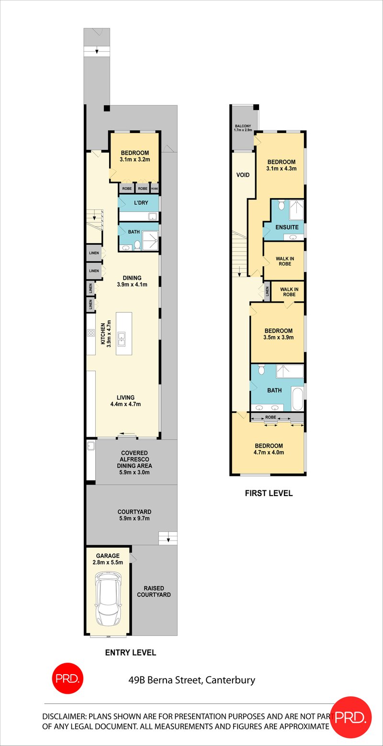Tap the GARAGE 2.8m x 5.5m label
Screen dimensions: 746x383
[x=107, y=559]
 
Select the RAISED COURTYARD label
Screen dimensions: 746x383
[x=154, y=591]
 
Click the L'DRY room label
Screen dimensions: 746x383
[x=141, y=203]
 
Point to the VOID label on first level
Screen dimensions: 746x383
[x=243, y=175]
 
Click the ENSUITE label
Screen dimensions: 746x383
[x=288, y=227]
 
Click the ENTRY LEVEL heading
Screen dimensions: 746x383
[x=130, y=652]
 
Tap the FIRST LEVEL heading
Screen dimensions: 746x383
[x=268, y=493]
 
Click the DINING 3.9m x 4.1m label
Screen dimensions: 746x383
[x=132, y=281]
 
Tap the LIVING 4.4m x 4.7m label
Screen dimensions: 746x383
[x=125, y=401]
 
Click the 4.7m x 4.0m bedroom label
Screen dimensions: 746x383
[x=268, y=449]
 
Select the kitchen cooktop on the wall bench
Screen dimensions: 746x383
[x=91, y=332]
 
